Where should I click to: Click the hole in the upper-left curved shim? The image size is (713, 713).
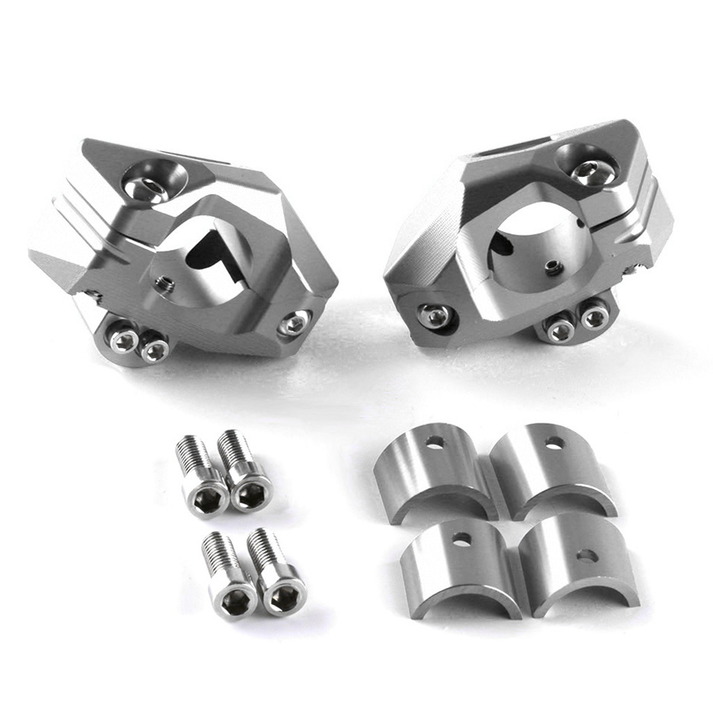[434, 441]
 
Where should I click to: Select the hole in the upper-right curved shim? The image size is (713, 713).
[554, 441]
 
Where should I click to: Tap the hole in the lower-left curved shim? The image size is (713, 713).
[461, 538]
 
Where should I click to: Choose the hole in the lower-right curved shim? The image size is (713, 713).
[587, 556]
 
